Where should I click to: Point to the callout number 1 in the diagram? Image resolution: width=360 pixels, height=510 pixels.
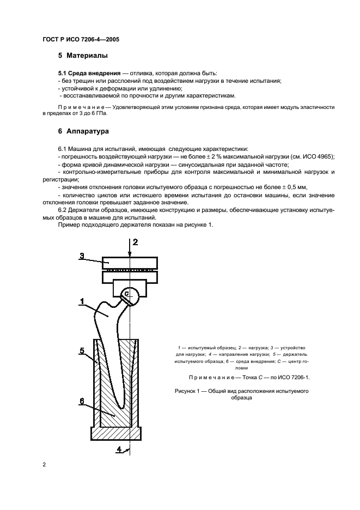(x=82, y=300)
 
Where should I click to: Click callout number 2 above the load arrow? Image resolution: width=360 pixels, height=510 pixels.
(x=136, y=241)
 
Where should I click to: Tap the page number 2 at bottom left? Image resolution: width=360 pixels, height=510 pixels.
(x=44, y=464)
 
